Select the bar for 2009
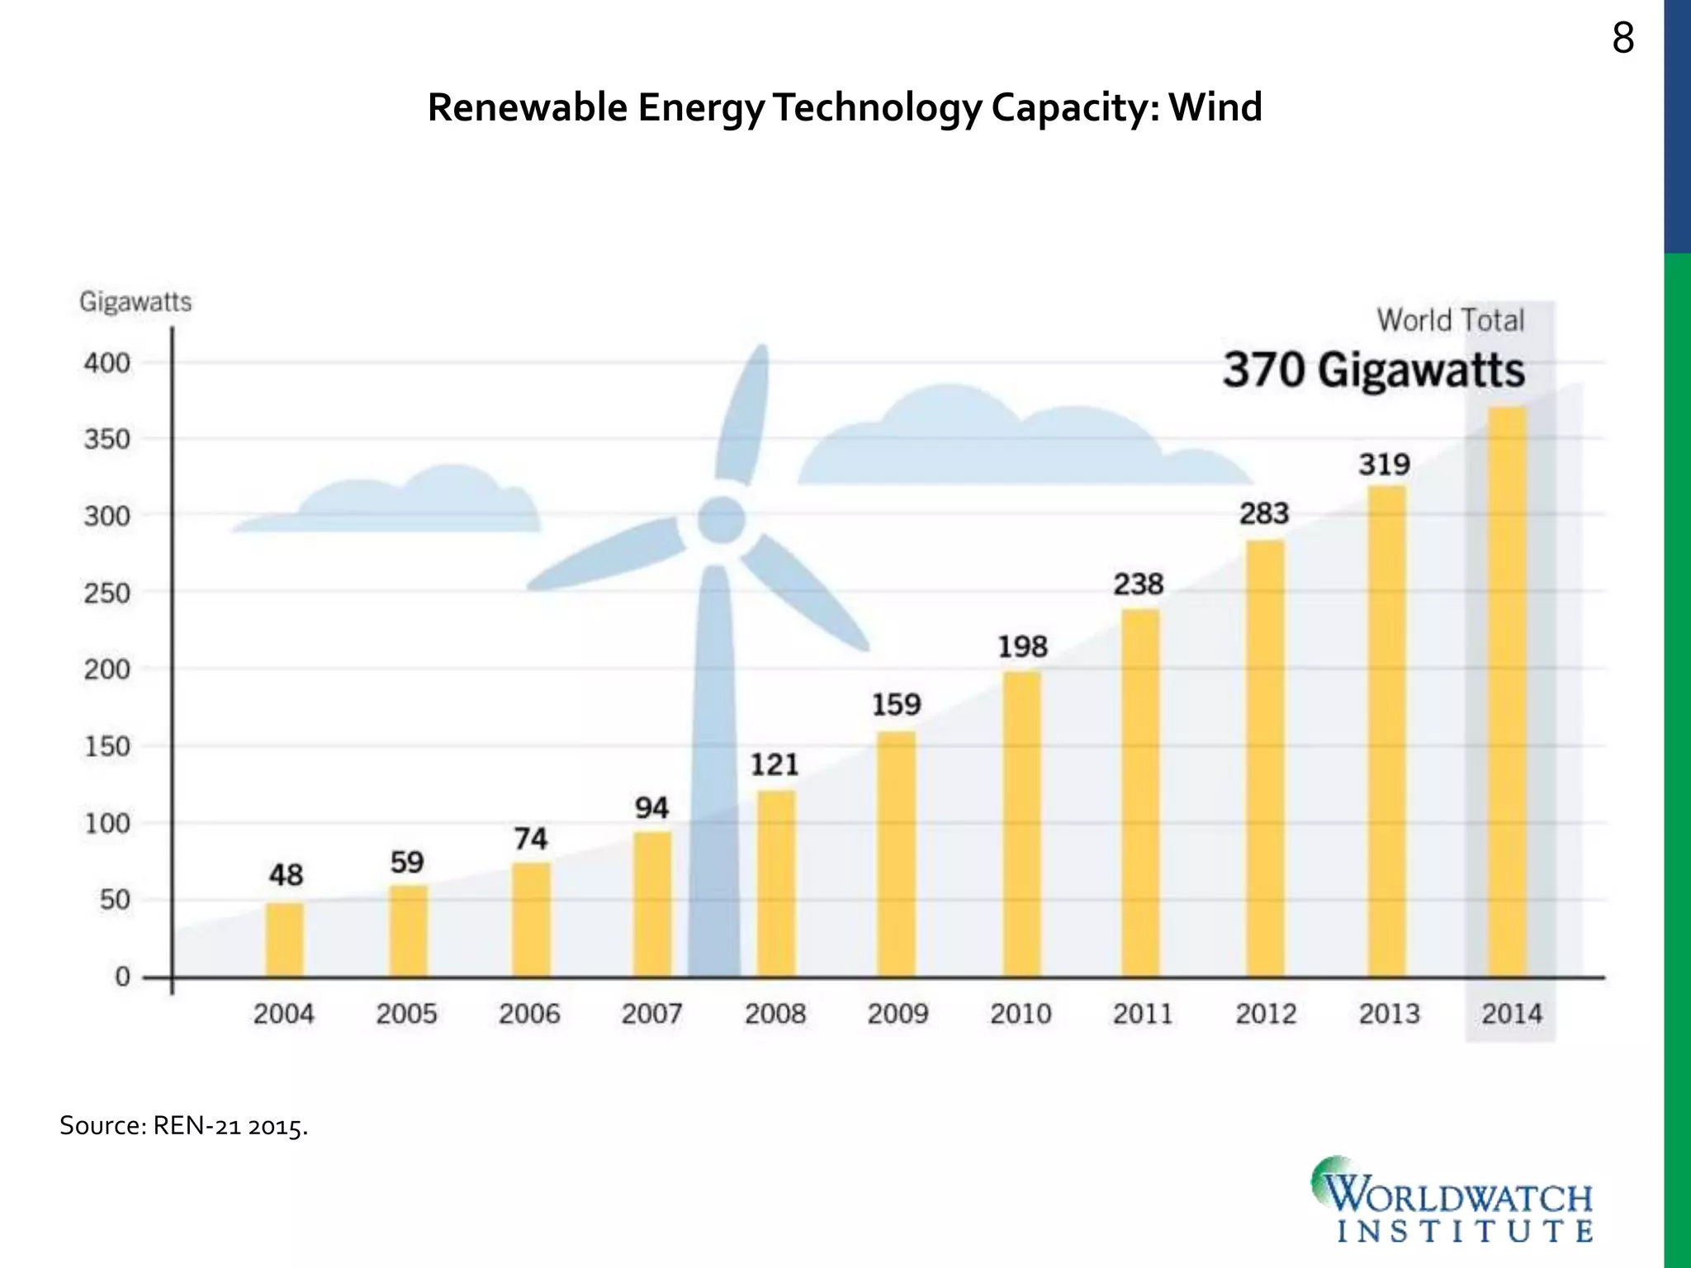[x=896, y=854]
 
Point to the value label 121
[x=774, y=764]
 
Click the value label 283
[x=1263, y=513]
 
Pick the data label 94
[x=651, y=807]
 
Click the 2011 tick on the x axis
[x=1143, y=1014]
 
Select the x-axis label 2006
[x=529, y=1014]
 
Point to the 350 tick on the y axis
[x=107, y=439]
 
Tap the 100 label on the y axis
[x=107, y=823]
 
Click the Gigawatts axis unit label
[x=135, y=302]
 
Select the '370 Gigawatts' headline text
[x=1374, y=370]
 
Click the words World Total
[x=1451, y=320]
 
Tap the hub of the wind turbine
[x=722, y=520]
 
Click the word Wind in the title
[x=1215, y=107]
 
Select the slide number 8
[x=1622, y=39]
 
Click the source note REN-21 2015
[x=183, y=1126]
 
